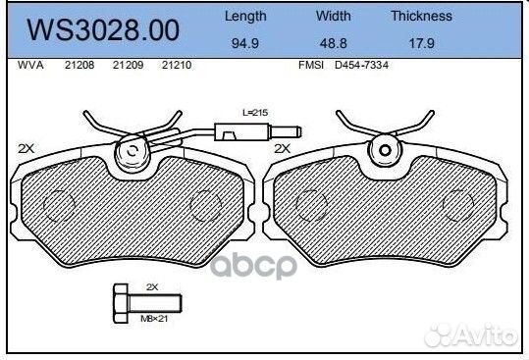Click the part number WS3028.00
[x=103, y=30]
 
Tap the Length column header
[x=245, y=16]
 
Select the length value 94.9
[x=245, y=43]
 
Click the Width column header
[x=334, y=16]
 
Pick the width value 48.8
[x=334, y=43]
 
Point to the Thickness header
[x=422, y=16]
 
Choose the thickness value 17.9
[x=422, y=43]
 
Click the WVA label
[x=30, y=65]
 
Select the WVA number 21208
[x=79, y=65]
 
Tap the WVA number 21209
[x=129, y=65]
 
